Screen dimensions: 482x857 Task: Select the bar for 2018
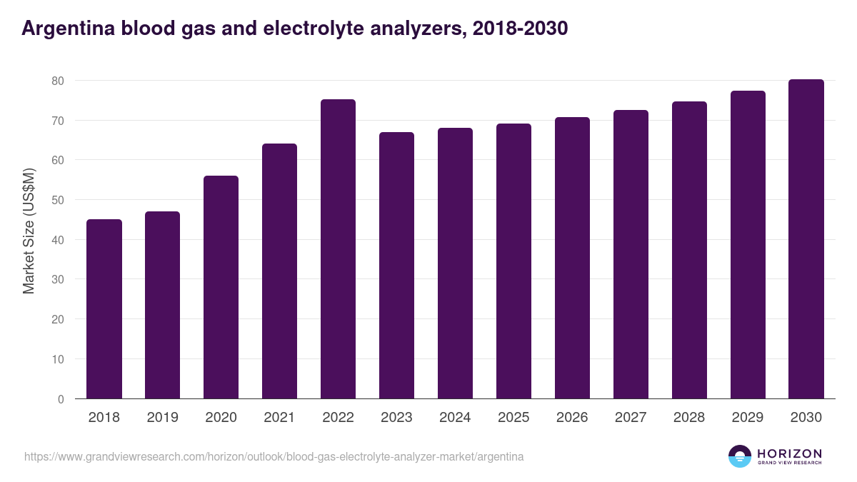(x=104, y=308)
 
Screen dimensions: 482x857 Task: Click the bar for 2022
(x=338, y=248)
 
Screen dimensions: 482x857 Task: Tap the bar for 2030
(x=806, y=239)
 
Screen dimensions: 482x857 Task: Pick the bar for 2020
(x=221, y=287)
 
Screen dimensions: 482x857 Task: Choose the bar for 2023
(x=396, y=265)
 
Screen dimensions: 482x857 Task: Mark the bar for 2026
(x=572, y=258)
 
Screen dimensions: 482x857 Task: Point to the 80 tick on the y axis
(x=58, y=81)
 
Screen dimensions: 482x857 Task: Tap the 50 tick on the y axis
(x=58, y=200)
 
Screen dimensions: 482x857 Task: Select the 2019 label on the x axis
(x=162, y=418)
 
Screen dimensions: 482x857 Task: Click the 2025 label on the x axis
(x=513, y=418)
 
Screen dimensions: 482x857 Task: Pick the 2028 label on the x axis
(x=689, y=418)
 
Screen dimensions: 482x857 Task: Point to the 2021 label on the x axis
(x=279, y=418)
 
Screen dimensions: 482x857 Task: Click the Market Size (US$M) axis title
(x=29, y=231)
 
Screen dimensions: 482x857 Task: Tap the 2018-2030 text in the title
(x=516, y=29)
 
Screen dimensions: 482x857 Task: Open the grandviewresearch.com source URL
(x=274, y=456)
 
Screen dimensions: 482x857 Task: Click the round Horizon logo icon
(x=740, y=456)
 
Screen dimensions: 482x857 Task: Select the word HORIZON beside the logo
(x=789, y=453)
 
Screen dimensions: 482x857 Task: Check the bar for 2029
(x=748, y=244)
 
